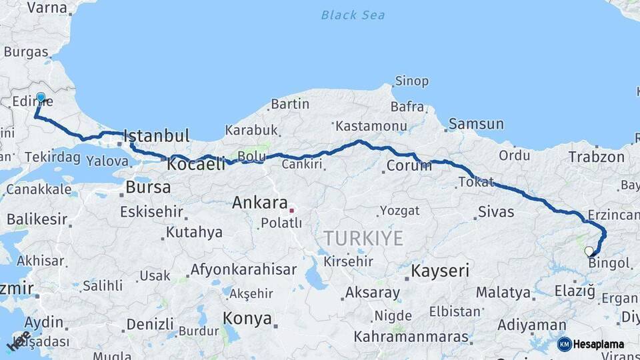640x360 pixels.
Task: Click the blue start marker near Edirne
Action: pyautogui.click(x=41, y=98)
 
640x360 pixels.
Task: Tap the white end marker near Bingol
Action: pyautogui.click(x=589, y=251)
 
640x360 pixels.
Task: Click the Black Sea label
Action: pyautogui.click(x=353, y=15)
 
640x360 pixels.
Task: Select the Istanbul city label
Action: pyautogui.click(x=157, y=136)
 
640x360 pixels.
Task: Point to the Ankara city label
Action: pyautogui.click(x=260, y=203)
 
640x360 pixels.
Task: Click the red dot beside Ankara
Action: pyautogui.click(x=291, y=211)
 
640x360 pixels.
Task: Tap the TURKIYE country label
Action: pyautogui.click(x=363, y=238)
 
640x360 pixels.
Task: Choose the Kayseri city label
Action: pyautogui.click(x=440, y=271)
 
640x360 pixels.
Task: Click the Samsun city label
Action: pyautogui.click(x=476, y=124)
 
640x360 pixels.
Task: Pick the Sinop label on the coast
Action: pyautogui.click(x=411, y=81)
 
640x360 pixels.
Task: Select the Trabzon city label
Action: pyautogui.click(x=597, y=157)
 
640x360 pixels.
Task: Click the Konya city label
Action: pyautogui.click(x=247, y=318)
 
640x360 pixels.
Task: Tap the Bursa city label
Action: pyautogui.click(x=148, y=187)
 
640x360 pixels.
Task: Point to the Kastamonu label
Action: pyautogui.click(x=371, y=125)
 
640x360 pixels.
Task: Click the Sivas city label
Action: pyautogui.click(x=496, y=212)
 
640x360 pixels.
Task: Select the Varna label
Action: pyautogui.click(x=47, y=8)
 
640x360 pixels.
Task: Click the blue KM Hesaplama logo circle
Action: pyautogui.click(x=564, y=344)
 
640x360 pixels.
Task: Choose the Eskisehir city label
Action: pyautogui.click(x=151, y=212)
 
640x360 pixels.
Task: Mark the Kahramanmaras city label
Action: pyautogui.click(x=411, y=337)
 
